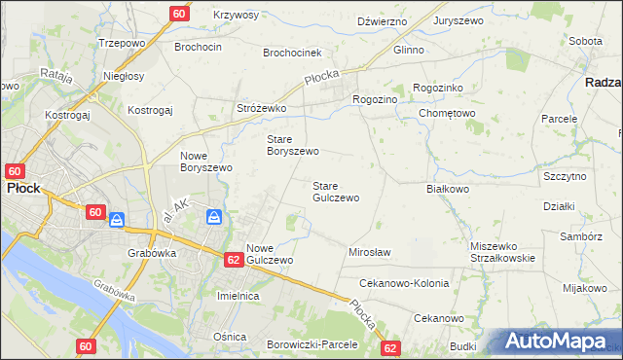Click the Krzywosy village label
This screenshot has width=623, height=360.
pos(235,16)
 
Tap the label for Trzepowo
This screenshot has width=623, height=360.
pos(122,44)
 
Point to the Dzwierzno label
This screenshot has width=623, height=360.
pos(381,20)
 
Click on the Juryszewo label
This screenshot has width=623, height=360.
pos(459,20)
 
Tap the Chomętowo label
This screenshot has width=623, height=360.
pos(447,113)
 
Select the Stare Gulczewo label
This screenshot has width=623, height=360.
pos(335,191)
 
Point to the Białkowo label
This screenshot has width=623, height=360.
pos(449,189)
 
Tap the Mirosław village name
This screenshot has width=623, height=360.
pos(369,252)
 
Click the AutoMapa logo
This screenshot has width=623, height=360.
pos(558,342)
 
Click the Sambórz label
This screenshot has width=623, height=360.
pos(581,236)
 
